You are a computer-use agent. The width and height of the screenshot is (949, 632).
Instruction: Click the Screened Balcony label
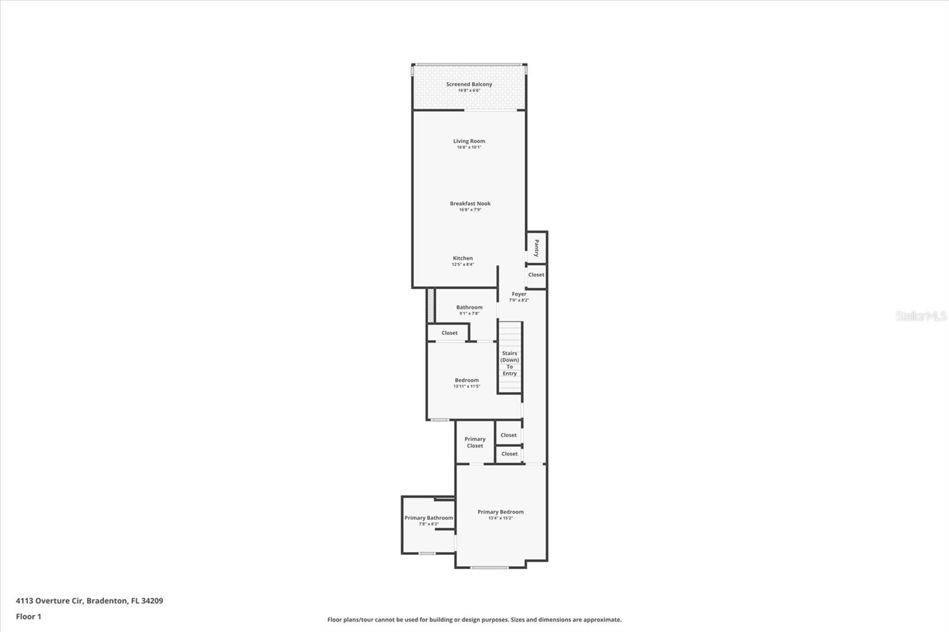click(x=469, y=84)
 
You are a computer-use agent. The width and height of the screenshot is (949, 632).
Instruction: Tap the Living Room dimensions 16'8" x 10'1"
click(x=469, y=147)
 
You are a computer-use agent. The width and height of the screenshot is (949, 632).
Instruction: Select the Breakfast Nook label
click(x=470, y=203)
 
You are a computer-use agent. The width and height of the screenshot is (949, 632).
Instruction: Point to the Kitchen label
click(x=463, y=258)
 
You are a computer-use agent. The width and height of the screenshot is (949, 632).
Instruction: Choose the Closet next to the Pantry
click(x=536, y=274)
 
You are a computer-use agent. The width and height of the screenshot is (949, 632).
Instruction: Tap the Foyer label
click(x=519, y=294)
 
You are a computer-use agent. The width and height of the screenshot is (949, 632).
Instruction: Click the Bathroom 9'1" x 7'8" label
click(x=469, y=308)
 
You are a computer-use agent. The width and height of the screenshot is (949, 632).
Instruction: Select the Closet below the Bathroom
click(x=449, y=333)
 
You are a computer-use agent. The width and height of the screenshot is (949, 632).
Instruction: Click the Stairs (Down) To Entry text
click(x=509, y=363)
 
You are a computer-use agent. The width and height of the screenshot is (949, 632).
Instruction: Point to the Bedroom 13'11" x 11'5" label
click(x=467, y=381)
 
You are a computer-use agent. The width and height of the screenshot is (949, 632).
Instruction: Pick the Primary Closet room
click(x=474, y=442)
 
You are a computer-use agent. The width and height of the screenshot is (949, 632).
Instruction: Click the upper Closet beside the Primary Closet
click(x=508, y=435)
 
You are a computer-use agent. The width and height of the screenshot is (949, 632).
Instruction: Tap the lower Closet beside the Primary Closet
click(x=509, y=454)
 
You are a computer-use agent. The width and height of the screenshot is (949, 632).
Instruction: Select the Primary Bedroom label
click(x=501, y=512)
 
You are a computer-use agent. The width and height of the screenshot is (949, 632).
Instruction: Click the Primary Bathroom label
click(x=428, y=518)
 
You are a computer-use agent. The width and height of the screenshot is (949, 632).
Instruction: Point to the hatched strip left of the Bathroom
click(x=431, y=305)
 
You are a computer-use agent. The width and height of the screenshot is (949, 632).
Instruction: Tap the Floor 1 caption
click(x=28, y=617)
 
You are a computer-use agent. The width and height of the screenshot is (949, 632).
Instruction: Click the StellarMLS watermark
click(x=921, y=316)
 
